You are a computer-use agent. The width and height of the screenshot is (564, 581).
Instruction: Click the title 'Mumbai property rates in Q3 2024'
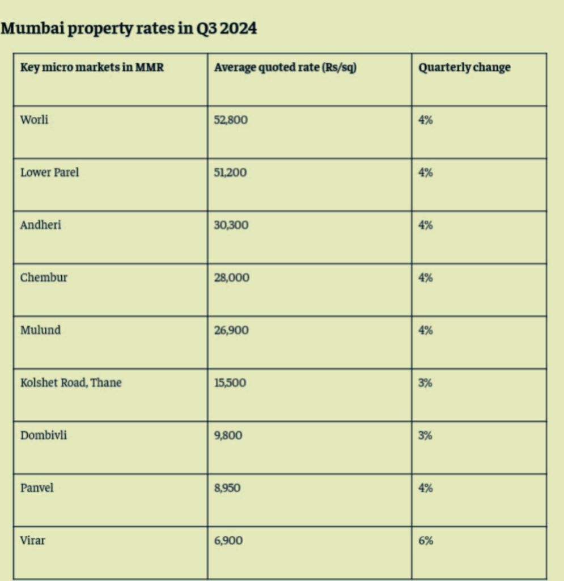click(x=129, y=28)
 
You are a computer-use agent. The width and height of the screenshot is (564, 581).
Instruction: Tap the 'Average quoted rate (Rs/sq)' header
click(x=285, y=68)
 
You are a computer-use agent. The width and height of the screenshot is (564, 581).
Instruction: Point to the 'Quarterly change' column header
click(x=464, y=68)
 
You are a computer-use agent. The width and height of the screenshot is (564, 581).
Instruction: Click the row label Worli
click(x=32, y=120)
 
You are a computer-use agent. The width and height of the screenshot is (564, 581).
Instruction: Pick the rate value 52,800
click(x=231, y=120)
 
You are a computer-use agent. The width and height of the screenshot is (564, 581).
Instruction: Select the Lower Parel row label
click(x=49, y=172)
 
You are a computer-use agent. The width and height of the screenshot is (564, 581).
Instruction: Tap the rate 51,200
click(x=230, y=172)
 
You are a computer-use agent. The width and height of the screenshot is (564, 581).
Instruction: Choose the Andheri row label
click(x=40, y=225)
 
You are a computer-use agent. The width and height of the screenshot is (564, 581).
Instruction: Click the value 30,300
click(x=231, y=225)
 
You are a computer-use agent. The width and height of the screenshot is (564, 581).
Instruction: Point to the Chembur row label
click(x=44, y=277)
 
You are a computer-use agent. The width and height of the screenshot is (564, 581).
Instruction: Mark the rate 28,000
click(x=231, y=277)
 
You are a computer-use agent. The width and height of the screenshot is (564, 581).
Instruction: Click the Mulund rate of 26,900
click(x=231, y=330)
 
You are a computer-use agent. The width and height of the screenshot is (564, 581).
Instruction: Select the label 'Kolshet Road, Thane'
click(x=71, y=383)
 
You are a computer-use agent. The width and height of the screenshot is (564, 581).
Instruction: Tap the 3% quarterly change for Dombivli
click(x=426, y=436)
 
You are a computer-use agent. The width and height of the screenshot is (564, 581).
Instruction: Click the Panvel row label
click(x=37, y=488)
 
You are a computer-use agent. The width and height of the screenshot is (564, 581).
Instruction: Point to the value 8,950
click(x=227, y=488)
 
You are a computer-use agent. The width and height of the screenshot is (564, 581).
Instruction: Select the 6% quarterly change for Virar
click(x=426, y=541)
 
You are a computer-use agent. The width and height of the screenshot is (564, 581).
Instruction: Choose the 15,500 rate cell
click(x=230, y=383)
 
